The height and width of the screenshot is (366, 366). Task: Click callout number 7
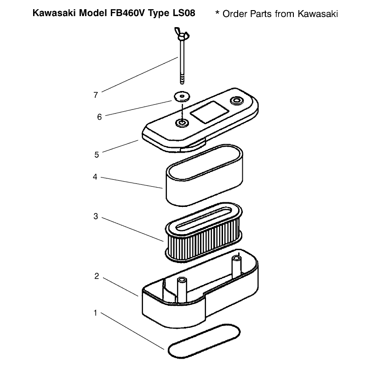(96, 95)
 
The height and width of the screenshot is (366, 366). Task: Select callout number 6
(99, 117)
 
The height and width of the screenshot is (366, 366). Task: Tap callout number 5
(97, 155)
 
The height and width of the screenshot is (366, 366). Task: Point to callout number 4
(95, 177)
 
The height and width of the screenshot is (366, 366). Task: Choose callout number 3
(96, 217)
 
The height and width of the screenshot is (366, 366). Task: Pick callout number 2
(97, 276)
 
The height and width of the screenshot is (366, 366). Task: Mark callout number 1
(95, 313)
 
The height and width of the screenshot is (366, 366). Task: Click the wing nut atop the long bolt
(182, 34)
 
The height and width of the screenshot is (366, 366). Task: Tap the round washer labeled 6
(182, 97)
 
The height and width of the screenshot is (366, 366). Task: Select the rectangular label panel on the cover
(209, 112)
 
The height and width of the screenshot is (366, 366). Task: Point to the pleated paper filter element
(204, 232)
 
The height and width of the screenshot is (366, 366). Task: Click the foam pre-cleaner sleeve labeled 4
(204, 175)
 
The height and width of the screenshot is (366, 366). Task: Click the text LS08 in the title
(184, 13)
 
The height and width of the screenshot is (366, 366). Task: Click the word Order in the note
(235, 14)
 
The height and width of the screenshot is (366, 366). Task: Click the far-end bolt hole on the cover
(237, 101)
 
